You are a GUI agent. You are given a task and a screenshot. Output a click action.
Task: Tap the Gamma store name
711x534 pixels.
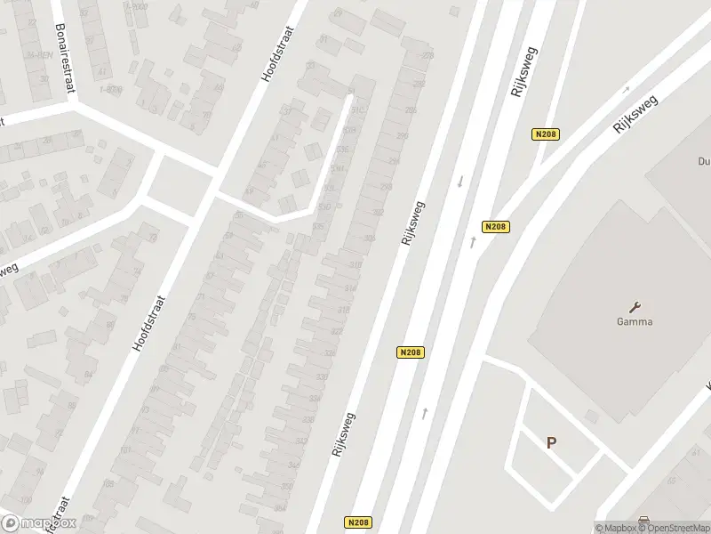pyautogui.click(x=635, y=321)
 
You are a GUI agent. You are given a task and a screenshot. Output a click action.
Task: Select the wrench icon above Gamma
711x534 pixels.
pyautogui.click(x=635, y=305)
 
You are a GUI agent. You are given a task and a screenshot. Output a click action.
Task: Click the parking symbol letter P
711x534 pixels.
pyautogui.click(x=552, y=442)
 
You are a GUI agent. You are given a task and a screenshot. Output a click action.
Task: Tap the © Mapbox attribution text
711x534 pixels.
pyautogui.click(x=614, y=528)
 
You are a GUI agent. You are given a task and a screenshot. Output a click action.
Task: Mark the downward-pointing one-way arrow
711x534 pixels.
pyautogui.click(x=459, y=182)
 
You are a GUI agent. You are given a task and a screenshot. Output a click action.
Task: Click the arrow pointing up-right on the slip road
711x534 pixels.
pyautogui.click(x=626, y=89)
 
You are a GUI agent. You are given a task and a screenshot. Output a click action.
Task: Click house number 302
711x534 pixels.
pyautogui.click(x=379, y=213)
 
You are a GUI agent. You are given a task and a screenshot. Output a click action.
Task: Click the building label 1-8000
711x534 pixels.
pyautogui.click(x=110, y=89)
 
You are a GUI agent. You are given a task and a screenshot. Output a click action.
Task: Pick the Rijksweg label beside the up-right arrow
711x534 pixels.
pyautogui.click(x=632, y=114)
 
